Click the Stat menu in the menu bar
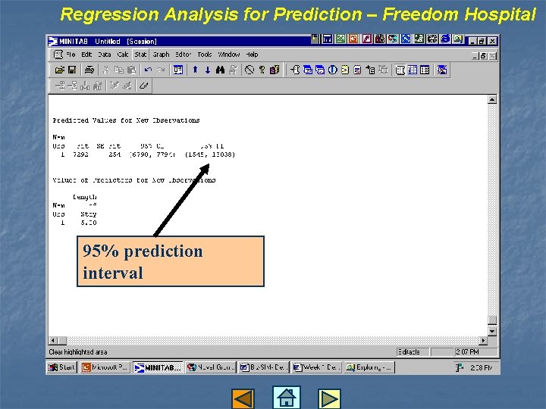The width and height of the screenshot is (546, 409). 140,55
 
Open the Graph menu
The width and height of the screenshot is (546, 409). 161,55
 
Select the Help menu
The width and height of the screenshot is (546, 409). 252,55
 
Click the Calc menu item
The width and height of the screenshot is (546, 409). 122,55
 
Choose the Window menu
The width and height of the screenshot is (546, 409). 229,55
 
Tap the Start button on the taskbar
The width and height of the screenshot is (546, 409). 62,367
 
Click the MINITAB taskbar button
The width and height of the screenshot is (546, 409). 158,367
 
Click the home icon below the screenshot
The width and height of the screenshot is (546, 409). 286,398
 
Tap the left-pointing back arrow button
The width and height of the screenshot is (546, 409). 243,398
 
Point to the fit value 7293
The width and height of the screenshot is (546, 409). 80,155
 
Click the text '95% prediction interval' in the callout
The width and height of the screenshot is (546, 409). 143,261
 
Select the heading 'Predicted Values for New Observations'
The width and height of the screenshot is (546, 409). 126,120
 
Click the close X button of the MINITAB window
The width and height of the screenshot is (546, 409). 492,40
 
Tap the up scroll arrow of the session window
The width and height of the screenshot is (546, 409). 492,99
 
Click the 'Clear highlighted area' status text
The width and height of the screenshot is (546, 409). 78,352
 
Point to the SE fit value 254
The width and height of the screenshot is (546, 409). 115,155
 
